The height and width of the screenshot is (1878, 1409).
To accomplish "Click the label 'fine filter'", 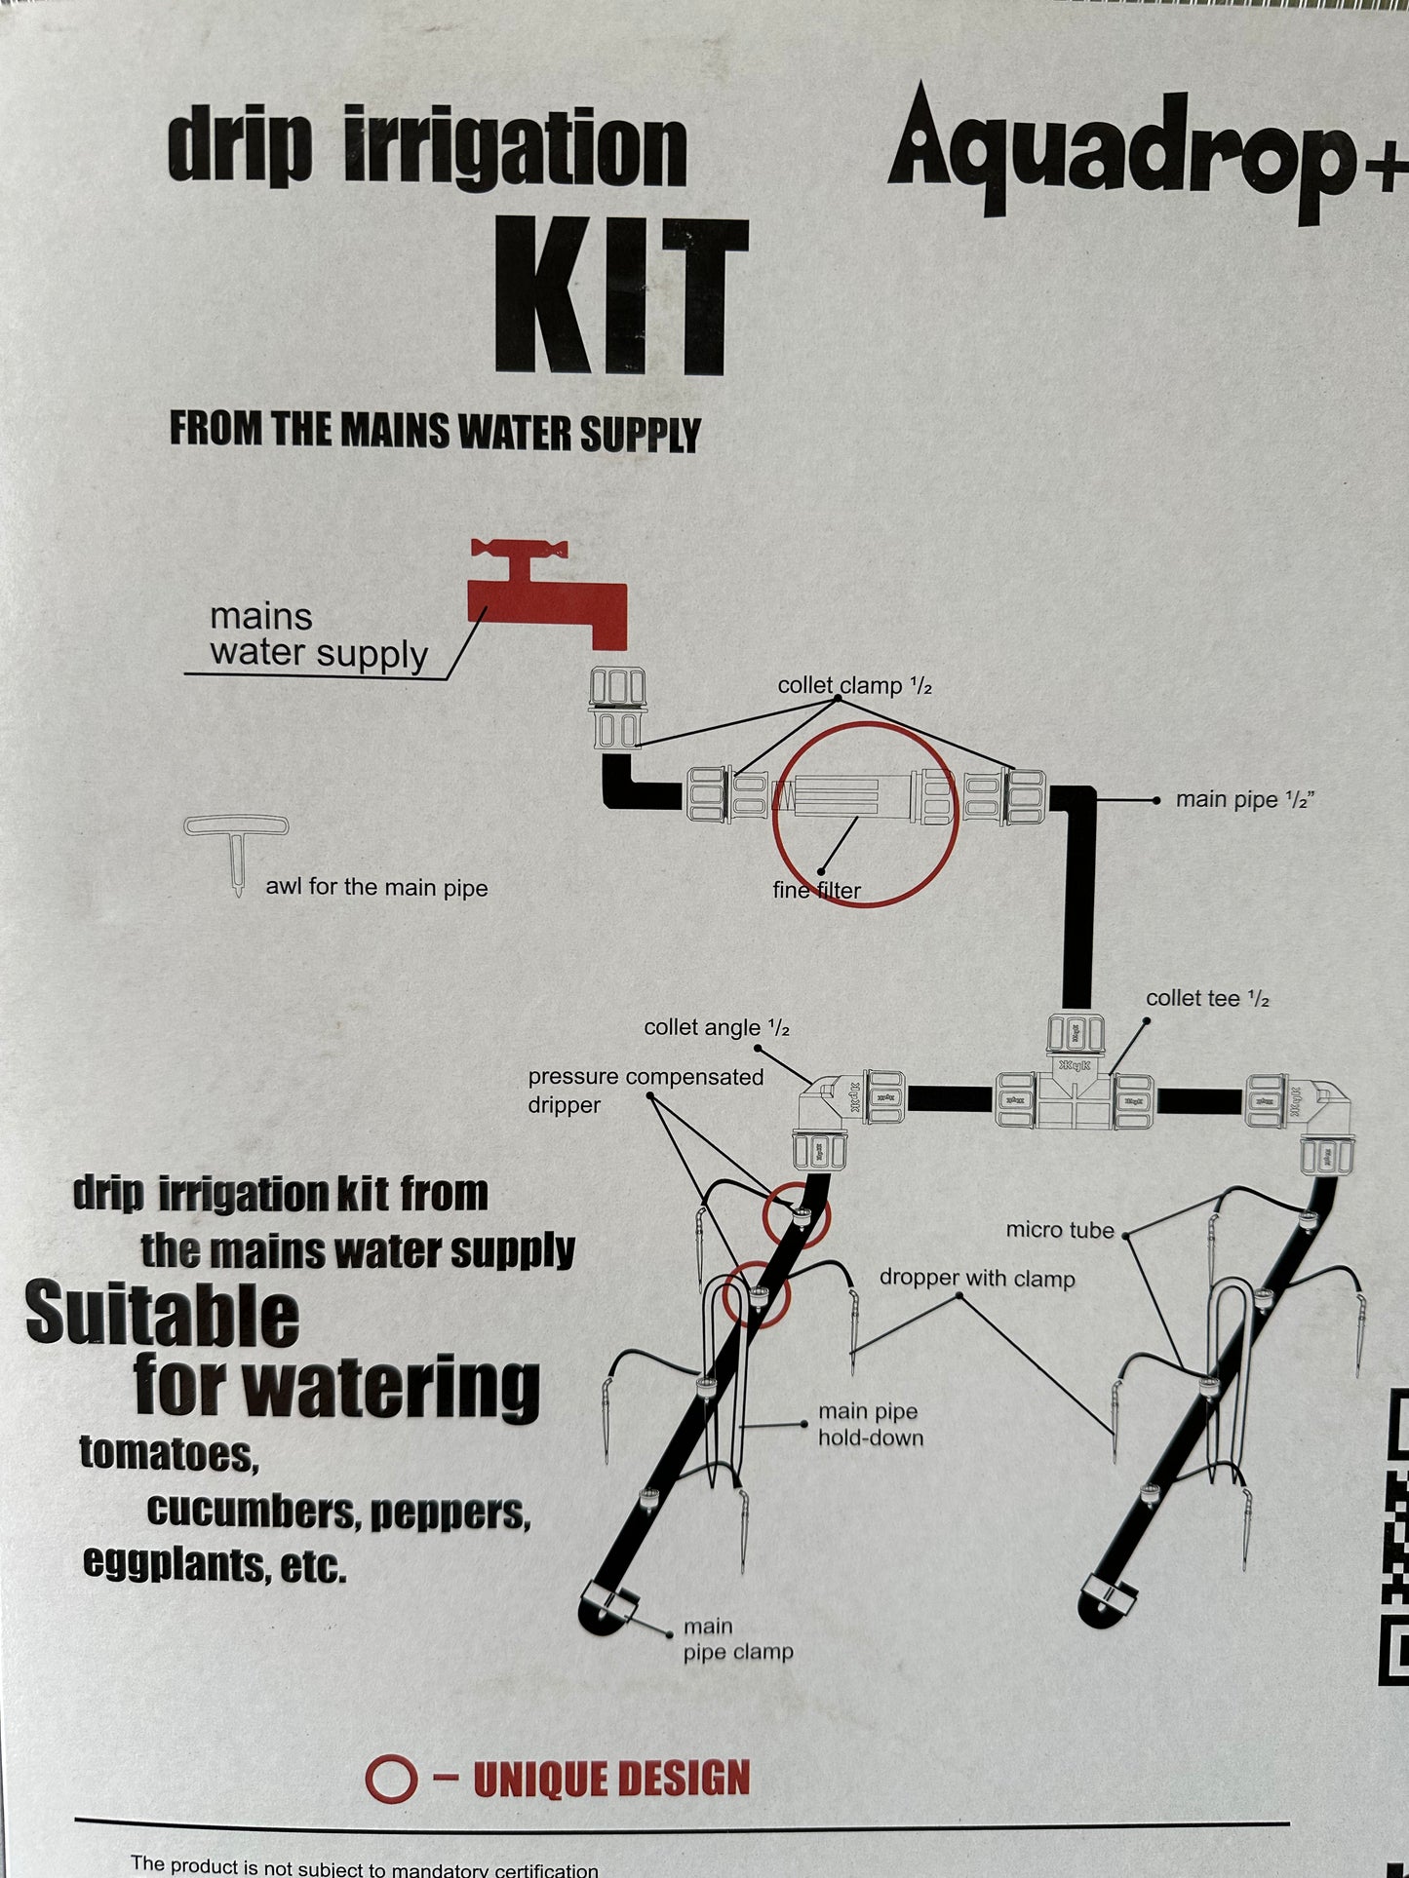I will pos(816,890).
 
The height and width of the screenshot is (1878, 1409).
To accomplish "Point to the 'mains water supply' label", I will pos(318,635).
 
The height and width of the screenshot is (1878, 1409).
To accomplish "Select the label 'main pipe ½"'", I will pos(1244,800).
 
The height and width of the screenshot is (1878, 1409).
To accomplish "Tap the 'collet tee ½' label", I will pos(1207,999).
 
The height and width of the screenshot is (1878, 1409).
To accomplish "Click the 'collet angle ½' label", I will pos(717,1028).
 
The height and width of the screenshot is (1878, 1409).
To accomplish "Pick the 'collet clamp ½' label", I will pos(854,686).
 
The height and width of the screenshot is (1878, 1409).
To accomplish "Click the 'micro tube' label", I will pos(1060,1231).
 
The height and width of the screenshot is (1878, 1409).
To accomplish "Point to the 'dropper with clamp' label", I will pos(977,1279).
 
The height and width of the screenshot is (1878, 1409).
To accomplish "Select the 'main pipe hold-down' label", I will pos(870,1424).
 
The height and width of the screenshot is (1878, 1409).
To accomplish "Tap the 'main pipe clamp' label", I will pos(737,1638).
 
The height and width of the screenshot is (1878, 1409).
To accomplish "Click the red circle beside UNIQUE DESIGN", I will pos(391,1779).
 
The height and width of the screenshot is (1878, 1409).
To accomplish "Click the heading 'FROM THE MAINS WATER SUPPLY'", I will pos(435,432).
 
